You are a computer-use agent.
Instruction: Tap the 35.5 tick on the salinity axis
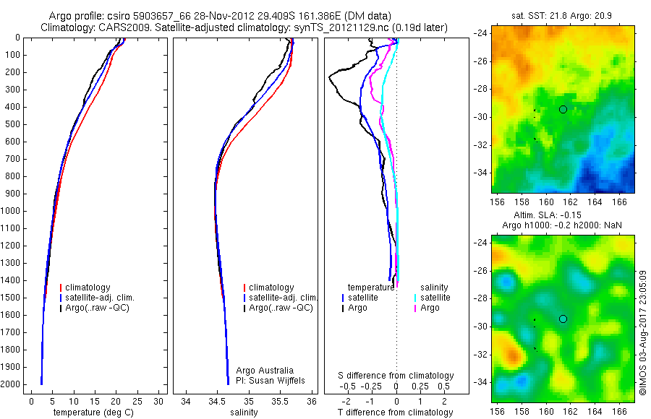pyautogui.click(x=281, y=401)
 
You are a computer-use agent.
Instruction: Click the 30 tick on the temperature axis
pyautogui.click(x=158, y=401)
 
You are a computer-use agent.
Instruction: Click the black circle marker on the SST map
pyautogui.click(x=563, y=109)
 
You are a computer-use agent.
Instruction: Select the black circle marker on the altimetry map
pyautogui.click(x=563, y=319)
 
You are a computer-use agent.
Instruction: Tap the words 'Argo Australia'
pyautogui.click(x=266, y=370)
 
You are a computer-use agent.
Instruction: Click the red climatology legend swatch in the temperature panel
pyautogui.click(x=61, y=288)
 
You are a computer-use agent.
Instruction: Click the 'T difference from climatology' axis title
pyautogui.click(x=396, y=412)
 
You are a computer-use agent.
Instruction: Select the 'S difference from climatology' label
pyautogui.click(x=396, y=376)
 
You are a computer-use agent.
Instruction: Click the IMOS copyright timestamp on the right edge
pyautogui.click(x=642, y=332)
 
